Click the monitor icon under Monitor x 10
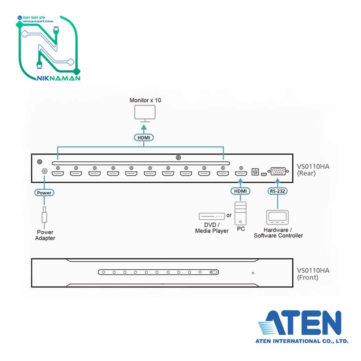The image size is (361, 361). pos(144,113)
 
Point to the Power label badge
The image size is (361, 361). pos(44,193)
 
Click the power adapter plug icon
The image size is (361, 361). pos(44,215)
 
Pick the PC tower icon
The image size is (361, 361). pos(241,213)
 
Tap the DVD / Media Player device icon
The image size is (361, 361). pos(211,216)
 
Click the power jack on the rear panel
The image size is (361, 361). pos(44,172)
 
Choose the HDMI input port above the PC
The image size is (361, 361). pos(241,174)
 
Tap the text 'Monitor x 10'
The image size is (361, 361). pos(145,100)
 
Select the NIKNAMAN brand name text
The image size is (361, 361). pos(58,78)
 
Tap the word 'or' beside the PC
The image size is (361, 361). pos(229,216)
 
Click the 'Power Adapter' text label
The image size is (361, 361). pos(45,235)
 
